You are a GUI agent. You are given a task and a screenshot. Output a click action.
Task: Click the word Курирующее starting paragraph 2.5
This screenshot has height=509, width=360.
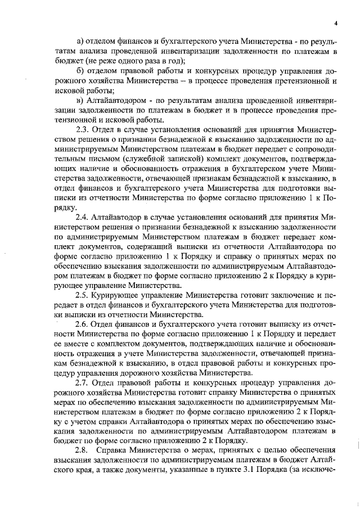pos(121,295)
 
